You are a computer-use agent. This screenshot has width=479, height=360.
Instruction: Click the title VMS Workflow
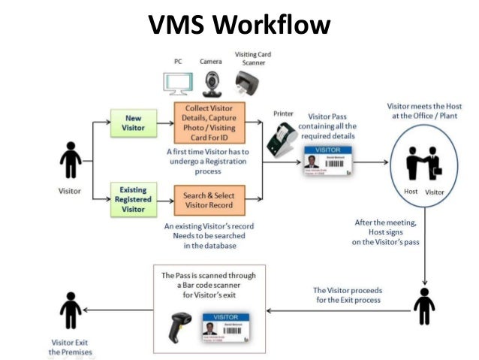click(x=239, y=24)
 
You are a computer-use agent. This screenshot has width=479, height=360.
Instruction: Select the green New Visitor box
click(x=132, y=123)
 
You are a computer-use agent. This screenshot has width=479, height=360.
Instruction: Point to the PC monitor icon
click(x=178, y=82)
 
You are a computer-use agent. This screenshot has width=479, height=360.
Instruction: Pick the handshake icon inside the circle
click(x=423, y=162)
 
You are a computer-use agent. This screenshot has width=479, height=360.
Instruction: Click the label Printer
click(x=283, y=113)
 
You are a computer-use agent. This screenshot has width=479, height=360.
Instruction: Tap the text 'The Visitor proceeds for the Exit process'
click(x=346, y=295)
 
